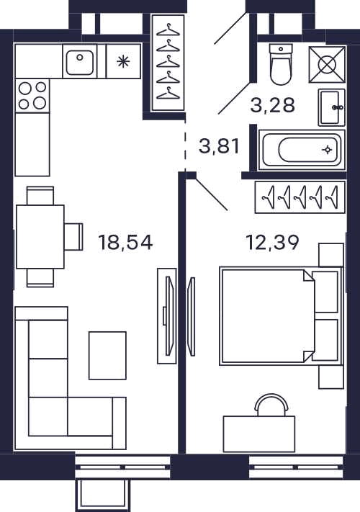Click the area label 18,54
126,243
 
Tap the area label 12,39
273,243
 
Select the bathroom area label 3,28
273,105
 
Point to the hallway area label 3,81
220,146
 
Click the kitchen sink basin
80,61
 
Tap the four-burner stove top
32,95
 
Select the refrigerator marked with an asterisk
123,61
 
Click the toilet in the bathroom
280,65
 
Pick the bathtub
302,150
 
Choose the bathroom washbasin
332,107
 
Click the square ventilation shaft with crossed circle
327,64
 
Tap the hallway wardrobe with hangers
168,62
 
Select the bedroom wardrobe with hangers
300,197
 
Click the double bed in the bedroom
282,315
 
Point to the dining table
40,237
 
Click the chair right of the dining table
73,237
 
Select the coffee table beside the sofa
108,356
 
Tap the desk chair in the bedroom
272,405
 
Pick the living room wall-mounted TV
168,315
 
